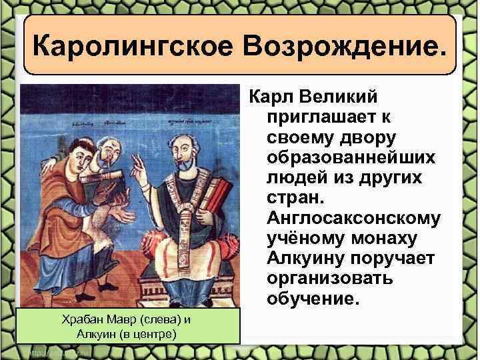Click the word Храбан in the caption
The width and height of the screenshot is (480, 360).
77,320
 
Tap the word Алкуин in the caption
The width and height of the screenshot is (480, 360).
96,333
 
